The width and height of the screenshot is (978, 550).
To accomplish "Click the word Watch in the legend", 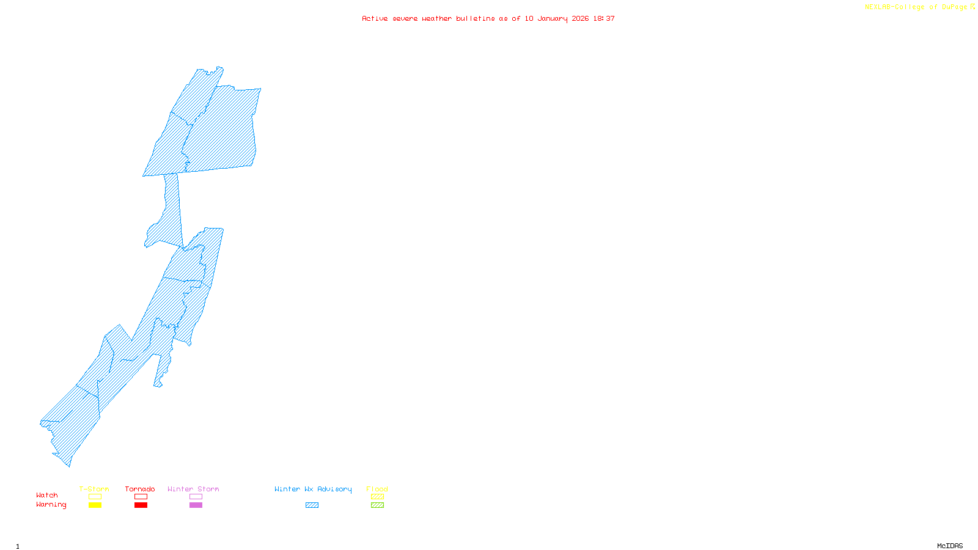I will click(x=47, y=495).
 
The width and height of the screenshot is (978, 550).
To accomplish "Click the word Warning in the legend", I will click(x=51, y=505).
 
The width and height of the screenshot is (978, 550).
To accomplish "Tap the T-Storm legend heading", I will click(x=94, y=489).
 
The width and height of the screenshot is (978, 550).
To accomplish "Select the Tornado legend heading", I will click(x=140, y=489).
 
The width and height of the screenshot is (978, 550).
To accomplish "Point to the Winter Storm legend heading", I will click(x=193, y=489).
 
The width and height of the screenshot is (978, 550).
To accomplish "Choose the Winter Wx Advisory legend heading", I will click(x=313, y=489).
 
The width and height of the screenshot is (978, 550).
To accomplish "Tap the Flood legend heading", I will click(x=377, y=489).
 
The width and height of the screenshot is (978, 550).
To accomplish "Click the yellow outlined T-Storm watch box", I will click(x=95, y=497).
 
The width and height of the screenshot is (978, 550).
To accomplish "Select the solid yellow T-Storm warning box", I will click(x=95, y=505).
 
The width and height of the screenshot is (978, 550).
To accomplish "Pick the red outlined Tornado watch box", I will click(x=141, y=497).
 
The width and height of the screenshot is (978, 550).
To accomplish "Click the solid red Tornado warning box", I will click(x=141, y=505).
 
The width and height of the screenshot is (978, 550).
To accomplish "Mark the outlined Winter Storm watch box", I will click(x=196, y=497).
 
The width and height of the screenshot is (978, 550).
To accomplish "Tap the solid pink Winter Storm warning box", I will click(x=196, y=505).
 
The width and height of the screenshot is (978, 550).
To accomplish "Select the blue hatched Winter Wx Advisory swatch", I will click(x=312, y=505).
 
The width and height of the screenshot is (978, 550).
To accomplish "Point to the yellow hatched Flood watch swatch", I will click(x=377, y=497).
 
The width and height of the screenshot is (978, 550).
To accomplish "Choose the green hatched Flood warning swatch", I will click(x=377, y=505).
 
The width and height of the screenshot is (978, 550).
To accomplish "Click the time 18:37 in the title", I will click(x=604, y=18).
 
